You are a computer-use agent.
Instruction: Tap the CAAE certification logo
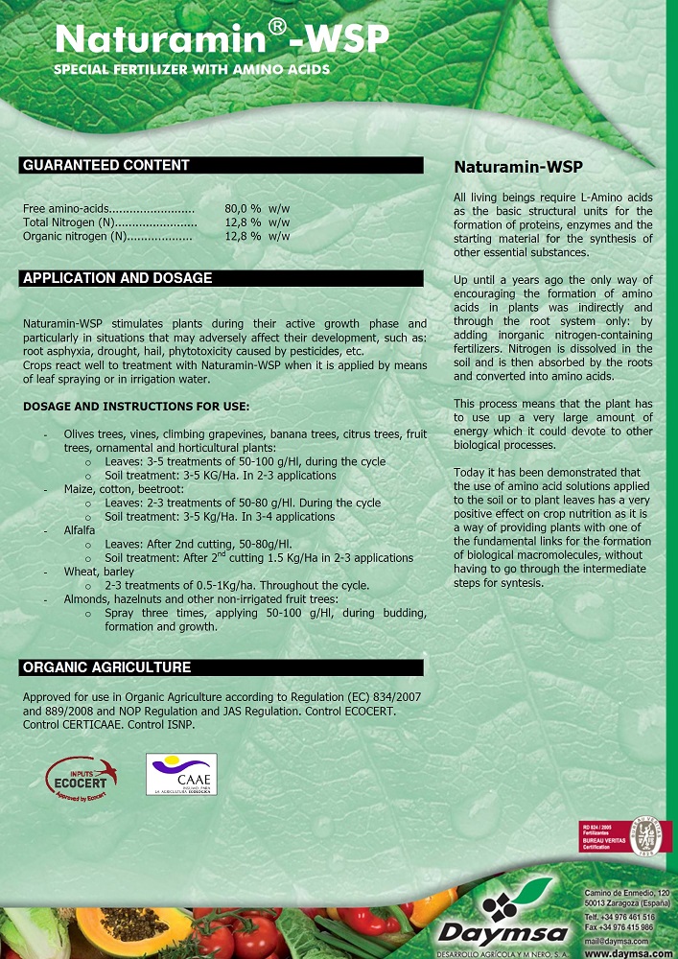180,774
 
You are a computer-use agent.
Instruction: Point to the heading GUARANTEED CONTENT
106,166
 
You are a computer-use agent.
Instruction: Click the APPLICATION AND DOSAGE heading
117,279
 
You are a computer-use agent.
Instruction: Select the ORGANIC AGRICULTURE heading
106,667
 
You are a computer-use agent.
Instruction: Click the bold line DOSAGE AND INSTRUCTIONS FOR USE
136,407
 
